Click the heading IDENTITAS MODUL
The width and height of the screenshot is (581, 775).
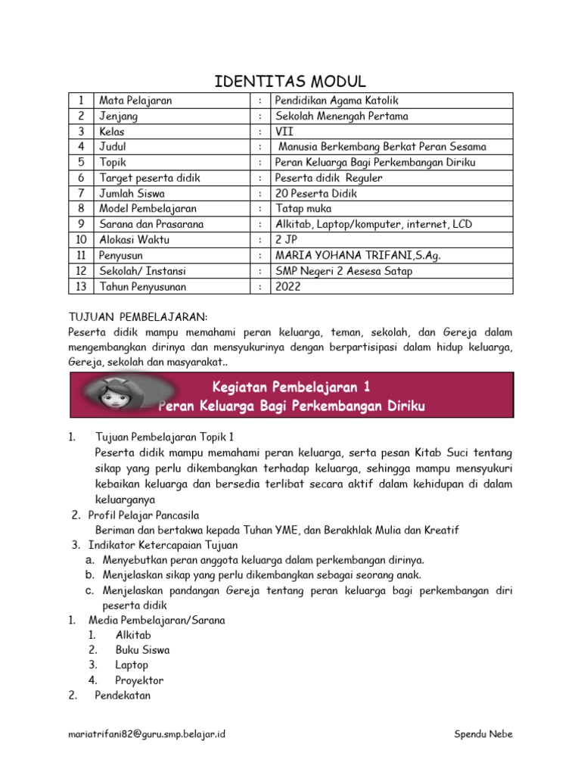pos(290,81)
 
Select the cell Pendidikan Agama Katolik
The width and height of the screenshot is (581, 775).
pos(337,101)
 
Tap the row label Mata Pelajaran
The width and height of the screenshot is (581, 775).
pos(135,101)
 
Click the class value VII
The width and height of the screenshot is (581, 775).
pos(284,132)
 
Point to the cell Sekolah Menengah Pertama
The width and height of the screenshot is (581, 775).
pos(341,117)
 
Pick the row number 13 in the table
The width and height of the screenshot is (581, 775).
pos(79,287)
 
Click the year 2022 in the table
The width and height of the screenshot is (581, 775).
pos(288,287)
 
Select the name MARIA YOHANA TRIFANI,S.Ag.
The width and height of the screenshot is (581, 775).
pos(358,256)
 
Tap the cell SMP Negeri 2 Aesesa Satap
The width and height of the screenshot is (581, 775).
pos(344,271)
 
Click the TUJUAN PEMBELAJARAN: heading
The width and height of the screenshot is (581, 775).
pos(138,316)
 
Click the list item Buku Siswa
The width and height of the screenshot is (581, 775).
pos(142,649)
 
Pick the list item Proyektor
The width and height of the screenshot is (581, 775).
pos(139,680)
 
